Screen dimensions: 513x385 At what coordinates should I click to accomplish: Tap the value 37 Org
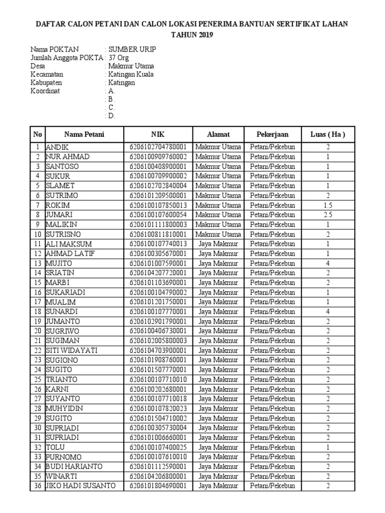(x=119, y=58)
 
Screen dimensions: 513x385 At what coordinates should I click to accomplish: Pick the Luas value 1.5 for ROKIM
(x=328, y=205)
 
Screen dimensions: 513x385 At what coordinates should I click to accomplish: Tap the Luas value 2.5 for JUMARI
(x=328, y=215)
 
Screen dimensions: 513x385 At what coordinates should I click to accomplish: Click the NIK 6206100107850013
(x=158, y=205)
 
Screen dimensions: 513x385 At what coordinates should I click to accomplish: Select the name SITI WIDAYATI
(x=71, y=351)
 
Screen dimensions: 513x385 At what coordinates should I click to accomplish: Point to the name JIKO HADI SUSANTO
(x=81, y=486)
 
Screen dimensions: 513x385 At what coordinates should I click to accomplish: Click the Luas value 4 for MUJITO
(x=328, y=264)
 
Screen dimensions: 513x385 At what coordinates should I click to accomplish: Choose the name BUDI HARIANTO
(x=74, y=467)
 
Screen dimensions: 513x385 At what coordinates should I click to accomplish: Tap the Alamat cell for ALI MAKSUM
(x=218, y=244)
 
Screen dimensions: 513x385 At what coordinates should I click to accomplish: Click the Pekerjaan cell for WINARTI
(x=273, y=476)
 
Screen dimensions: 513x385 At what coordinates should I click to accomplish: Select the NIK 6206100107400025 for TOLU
(x=158, y=447)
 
